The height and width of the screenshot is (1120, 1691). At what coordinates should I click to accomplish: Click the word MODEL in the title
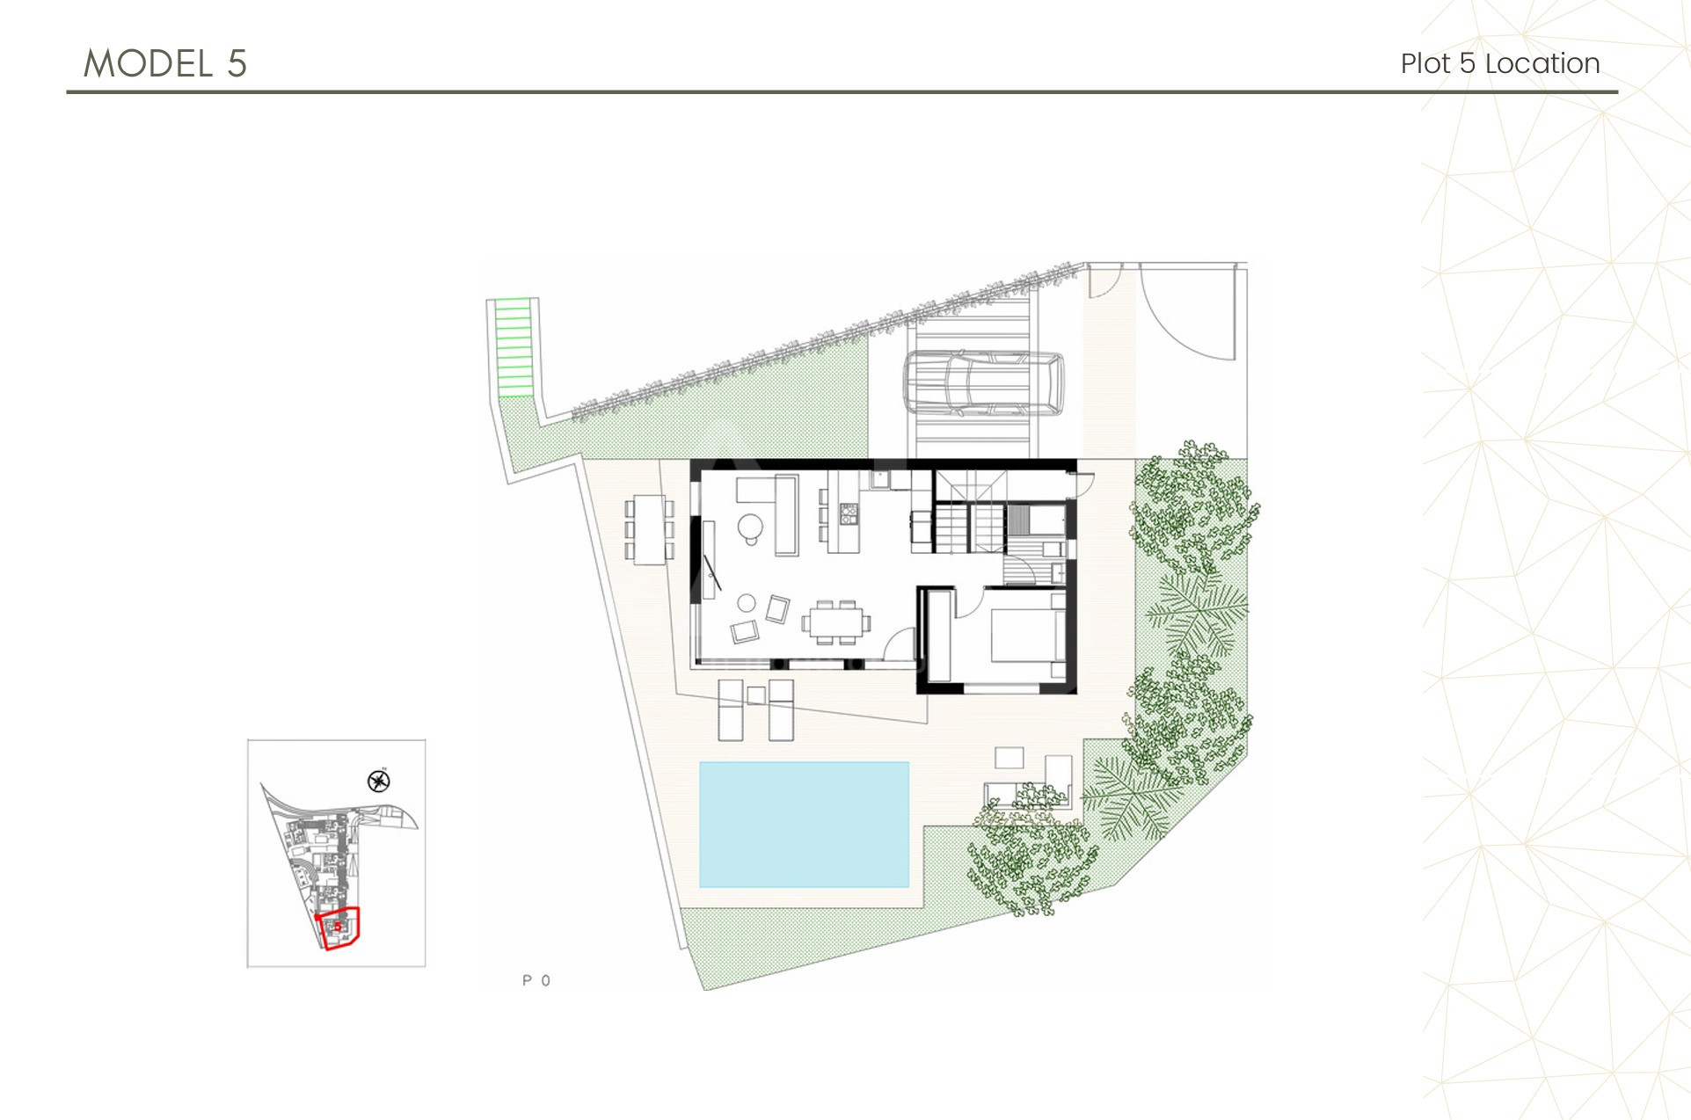coord(148,64)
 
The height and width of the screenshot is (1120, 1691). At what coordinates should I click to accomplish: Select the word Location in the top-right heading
coord(1542,63)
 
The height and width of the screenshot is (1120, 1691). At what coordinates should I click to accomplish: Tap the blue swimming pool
coord(804,825)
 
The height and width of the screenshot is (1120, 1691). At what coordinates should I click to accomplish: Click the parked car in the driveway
coord(983,384)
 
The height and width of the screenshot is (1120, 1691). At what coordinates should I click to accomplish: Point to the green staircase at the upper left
coord(514,346)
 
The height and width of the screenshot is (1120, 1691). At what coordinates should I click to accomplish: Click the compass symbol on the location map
coord(379,781)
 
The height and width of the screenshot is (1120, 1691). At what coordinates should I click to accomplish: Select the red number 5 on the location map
coord(338,927)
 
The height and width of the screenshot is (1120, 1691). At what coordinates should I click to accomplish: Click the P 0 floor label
coord(536,980)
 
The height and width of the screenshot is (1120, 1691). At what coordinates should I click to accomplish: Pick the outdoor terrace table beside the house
coord(650,529)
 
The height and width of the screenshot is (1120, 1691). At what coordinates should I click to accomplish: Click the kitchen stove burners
coord(849,513)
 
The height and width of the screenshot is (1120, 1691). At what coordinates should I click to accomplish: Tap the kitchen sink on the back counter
coord(880,480)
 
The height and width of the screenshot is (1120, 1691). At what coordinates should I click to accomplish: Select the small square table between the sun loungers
coord(756,695)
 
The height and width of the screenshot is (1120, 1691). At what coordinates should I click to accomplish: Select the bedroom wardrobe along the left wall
coord(940,635)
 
